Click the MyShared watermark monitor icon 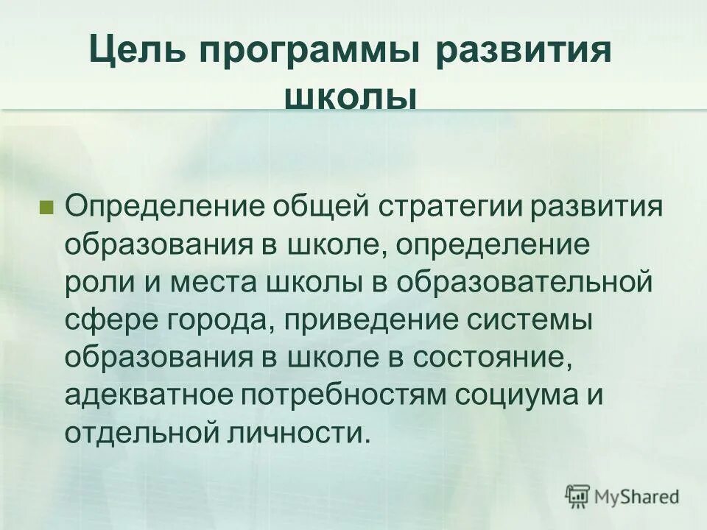pyautogui.click(x=577, y=495)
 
